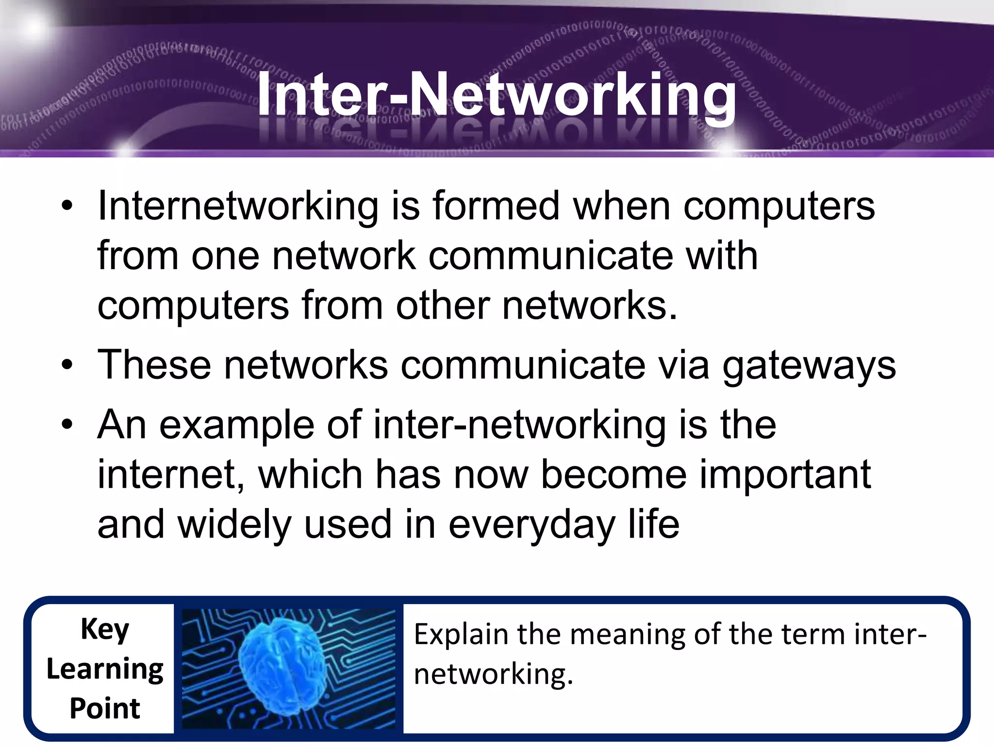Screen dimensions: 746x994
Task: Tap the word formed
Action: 496,206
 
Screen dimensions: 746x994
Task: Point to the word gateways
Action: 809,365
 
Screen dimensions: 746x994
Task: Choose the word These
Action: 154,365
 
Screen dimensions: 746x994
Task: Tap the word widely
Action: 235,525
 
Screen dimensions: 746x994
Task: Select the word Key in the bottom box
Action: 105,629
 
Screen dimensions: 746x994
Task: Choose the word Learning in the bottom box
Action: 105,670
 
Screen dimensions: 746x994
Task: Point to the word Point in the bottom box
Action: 105,708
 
